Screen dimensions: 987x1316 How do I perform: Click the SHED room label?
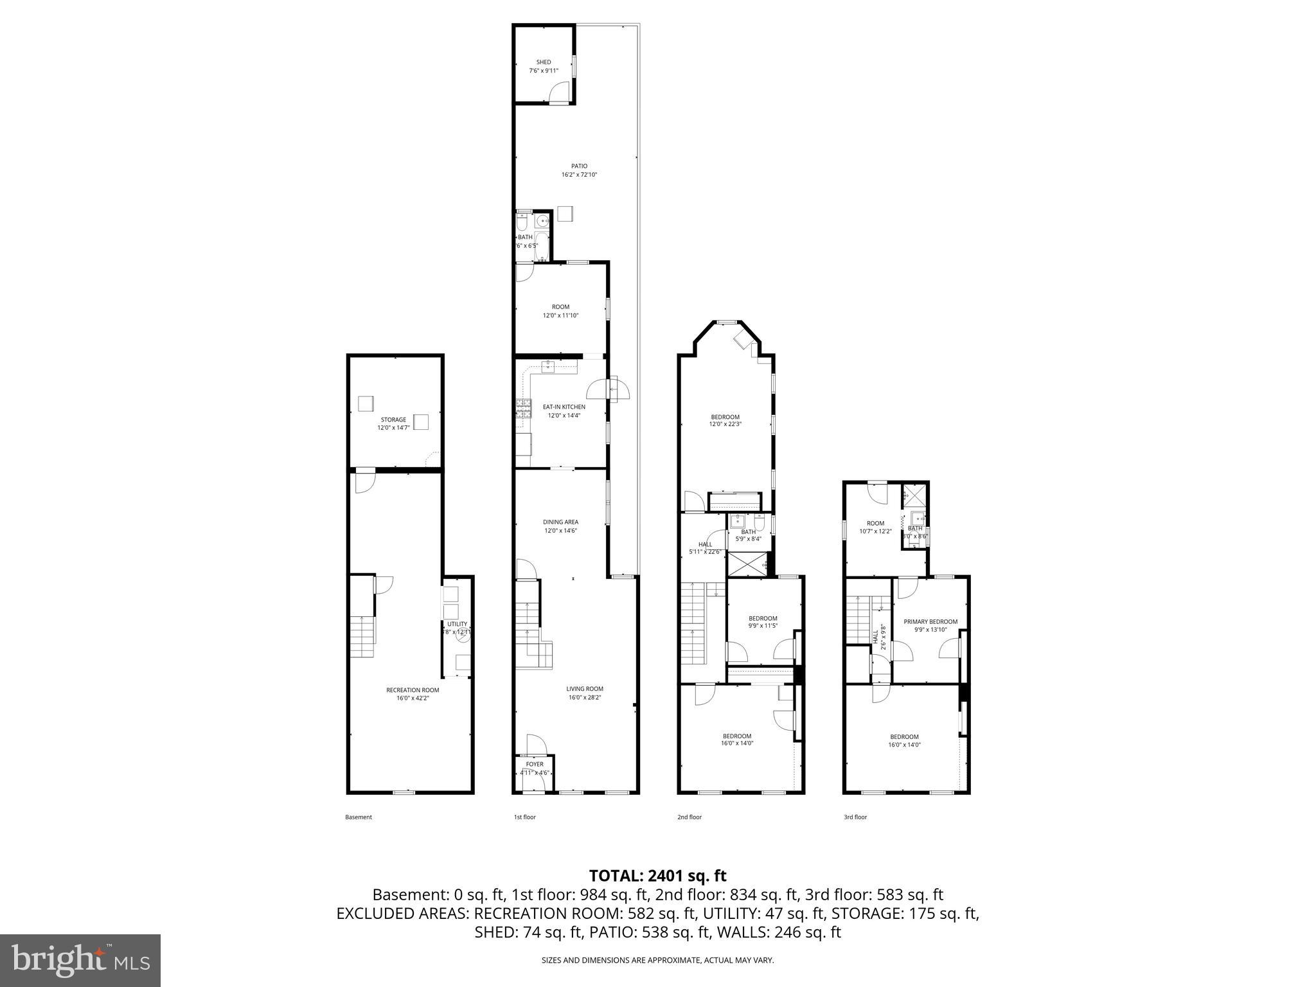(543, 62)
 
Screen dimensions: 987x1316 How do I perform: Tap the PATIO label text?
(579, 166)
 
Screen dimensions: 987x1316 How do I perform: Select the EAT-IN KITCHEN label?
(564, 407)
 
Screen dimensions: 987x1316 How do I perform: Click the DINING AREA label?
(560, 522)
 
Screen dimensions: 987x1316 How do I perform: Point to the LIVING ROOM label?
(585, 689)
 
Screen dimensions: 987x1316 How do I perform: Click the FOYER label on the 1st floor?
(534, 765)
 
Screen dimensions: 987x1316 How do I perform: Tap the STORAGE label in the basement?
(393, 420)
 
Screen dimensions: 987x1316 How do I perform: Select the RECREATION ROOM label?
(413, 690)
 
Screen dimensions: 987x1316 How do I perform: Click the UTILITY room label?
(458, 624)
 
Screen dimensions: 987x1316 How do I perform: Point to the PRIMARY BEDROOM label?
(930, 621)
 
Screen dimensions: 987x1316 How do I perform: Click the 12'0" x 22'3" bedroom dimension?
(725, 424)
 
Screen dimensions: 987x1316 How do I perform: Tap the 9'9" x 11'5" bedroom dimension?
(763, 626)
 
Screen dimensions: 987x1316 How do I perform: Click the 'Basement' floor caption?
(359, 817)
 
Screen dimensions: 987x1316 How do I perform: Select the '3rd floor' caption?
(855, 817)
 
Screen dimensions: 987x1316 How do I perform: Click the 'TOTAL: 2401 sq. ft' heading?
(657, 875)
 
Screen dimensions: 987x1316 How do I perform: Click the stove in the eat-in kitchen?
(524, 408)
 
